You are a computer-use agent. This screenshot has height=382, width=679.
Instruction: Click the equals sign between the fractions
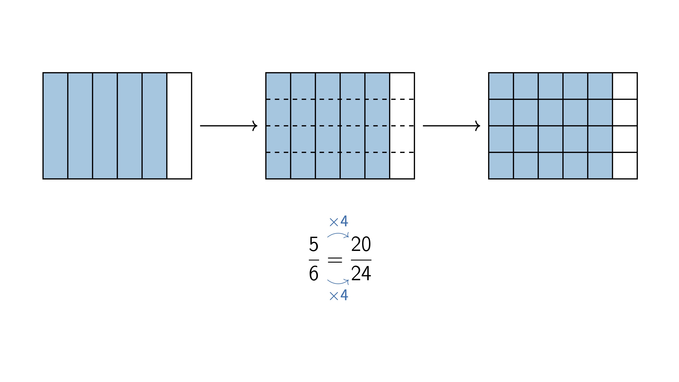tap(335, 260)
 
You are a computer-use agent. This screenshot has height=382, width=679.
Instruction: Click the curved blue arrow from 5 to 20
tap(338, 234)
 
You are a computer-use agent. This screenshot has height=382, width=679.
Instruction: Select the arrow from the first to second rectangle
tap(228, 126)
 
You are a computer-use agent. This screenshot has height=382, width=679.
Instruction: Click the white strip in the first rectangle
tap(179, 126)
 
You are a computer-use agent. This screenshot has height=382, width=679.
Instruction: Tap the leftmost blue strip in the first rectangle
tap(55, 126)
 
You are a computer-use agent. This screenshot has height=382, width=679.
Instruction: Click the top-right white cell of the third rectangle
tap(625, 86)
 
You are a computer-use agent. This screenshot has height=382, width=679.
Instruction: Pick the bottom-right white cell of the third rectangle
tap(625, 166)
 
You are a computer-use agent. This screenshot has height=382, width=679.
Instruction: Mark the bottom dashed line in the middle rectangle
tap(340, 152)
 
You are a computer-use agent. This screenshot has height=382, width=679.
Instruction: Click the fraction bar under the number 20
tap(361, 260)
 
